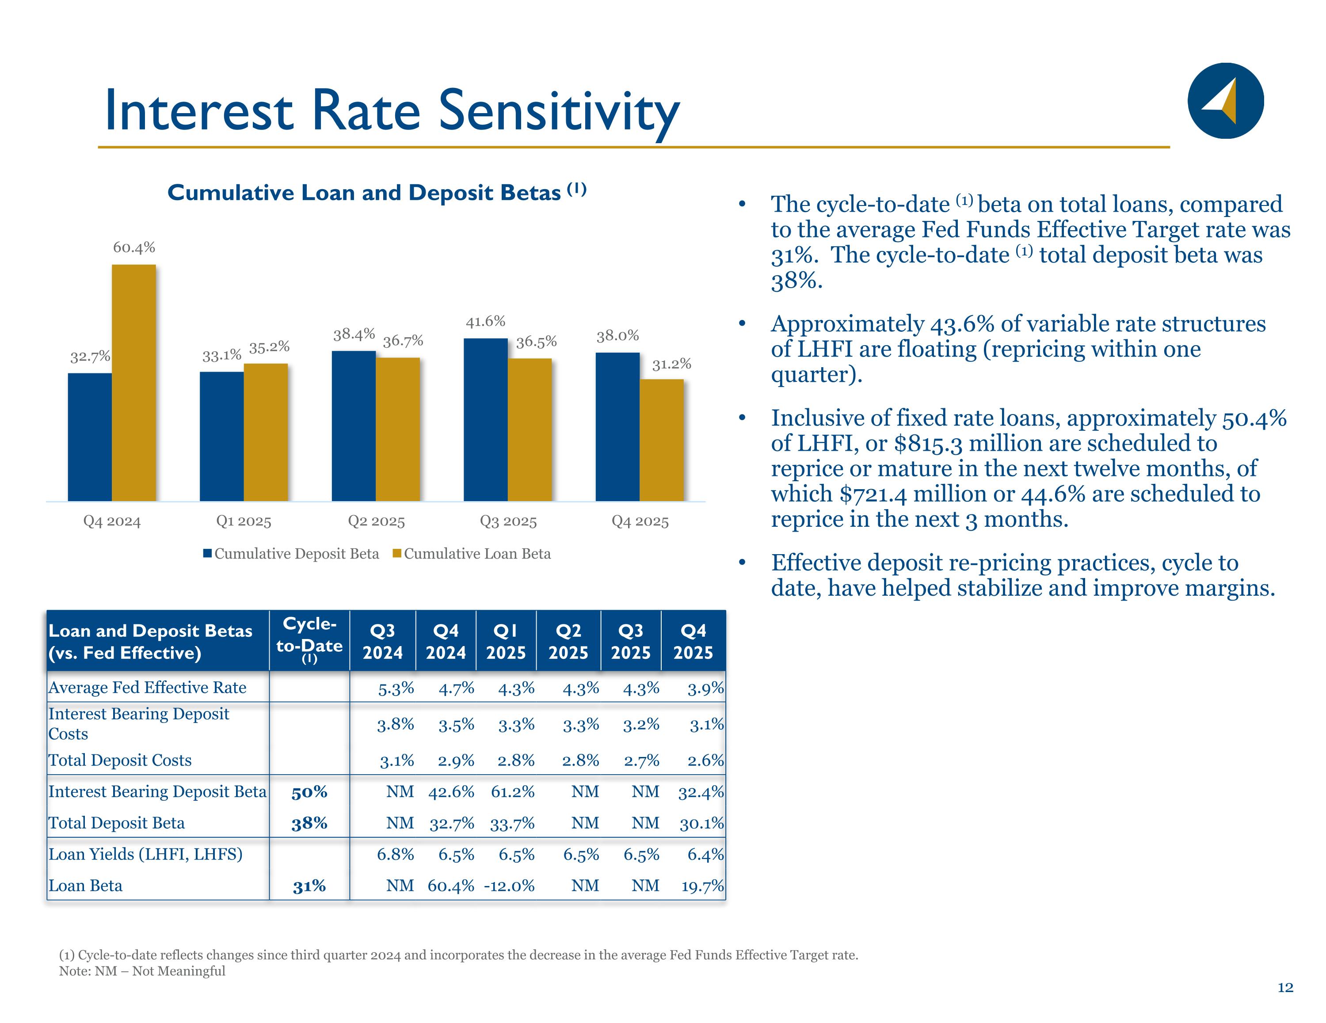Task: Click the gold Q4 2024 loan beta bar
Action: [133, 383]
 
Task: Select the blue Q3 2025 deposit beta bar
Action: [485, 419]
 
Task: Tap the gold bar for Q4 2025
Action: [661, 440]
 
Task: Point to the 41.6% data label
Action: [485, 321]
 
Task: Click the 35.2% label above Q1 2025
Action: [269, 347]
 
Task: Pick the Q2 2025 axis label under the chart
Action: [376, 521]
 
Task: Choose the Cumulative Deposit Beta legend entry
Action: [291, 554]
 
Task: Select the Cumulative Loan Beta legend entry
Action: [472, 554]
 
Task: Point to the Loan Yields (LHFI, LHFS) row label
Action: [146, 854]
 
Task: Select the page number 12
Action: [1285, 988]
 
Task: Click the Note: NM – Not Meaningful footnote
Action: [142, 971]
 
